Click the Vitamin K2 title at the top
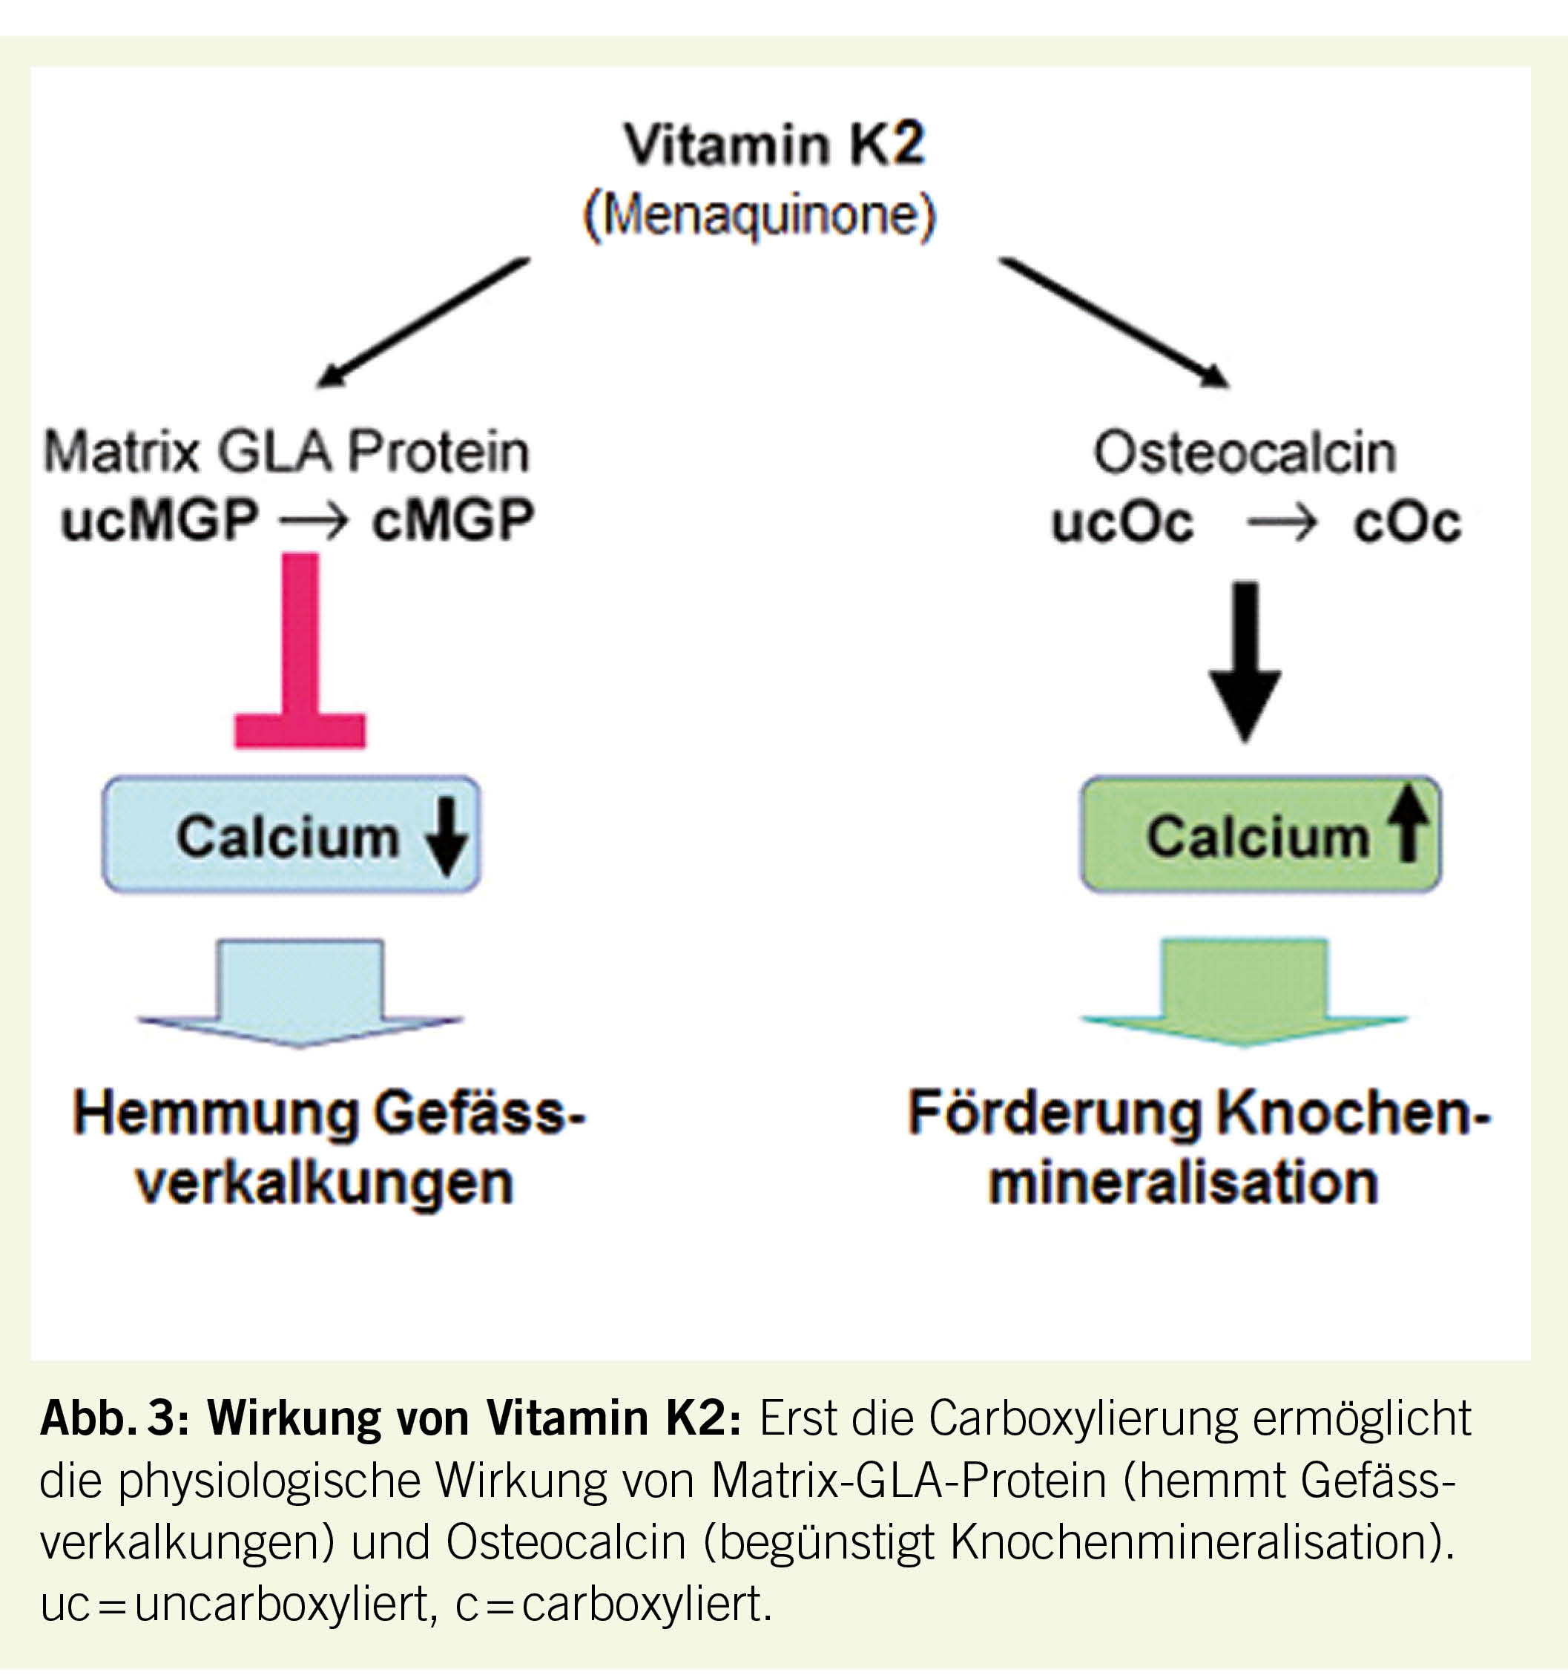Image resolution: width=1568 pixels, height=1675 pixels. point(774,145)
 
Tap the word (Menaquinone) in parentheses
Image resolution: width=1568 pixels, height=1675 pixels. point(759,217)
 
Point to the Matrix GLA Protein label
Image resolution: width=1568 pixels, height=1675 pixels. point(286,453)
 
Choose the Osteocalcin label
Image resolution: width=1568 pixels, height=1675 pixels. point(1244,453)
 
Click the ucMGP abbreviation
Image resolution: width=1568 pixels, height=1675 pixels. point(159,519)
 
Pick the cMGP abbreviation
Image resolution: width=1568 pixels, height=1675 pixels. point(452,519)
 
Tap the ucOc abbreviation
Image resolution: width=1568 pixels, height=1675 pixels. point(1121,522)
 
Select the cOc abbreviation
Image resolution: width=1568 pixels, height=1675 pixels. point(1406,522)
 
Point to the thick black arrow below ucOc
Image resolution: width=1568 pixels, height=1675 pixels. point(1245,662)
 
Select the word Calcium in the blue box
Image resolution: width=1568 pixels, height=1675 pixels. point(287,837)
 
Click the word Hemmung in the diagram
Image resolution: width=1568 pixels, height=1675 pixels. point(216,1114)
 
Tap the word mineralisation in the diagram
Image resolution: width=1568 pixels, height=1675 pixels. point(1183,1183)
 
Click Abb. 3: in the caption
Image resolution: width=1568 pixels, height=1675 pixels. point(114,1419)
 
